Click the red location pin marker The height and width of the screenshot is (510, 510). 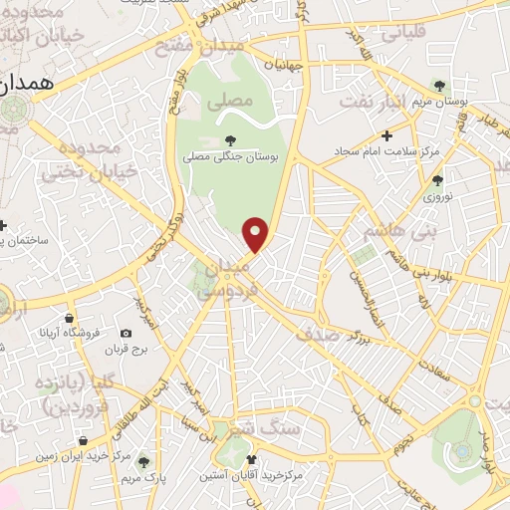257,234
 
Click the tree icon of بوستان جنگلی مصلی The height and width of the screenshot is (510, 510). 230,139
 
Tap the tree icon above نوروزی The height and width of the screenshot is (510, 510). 437,180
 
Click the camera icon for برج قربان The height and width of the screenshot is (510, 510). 126,334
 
